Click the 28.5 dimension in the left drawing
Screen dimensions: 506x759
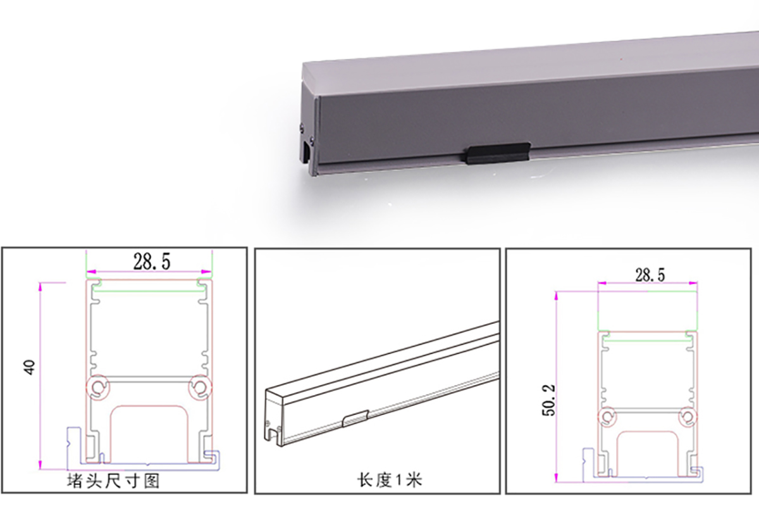[151, 260]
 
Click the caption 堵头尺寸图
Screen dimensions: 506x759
[113, 481]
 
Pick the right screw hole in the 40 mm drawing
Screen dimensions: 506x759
[201, 386]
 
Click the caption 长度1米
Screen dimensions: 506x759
[378, 481]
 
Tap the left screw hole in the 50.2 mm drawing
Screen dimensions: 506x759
[608, 415]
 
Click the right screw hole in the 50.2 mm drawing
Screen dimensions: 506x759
[686, 415]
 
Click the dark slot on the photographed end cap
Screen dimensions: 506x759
[307, 152]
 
